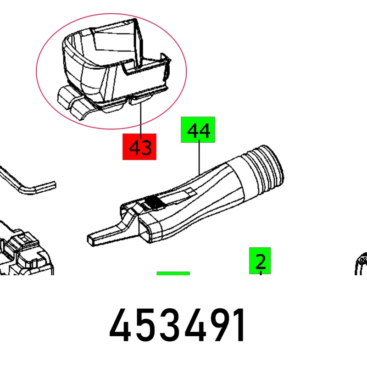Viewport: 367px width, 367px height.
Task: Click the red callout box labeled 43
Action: (x=139, y=147)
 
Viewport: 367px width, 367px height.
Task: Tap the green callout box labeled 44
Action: (x=198, y=130)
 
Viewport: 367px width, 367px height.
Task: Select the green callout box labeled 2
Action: (x=260, y=261)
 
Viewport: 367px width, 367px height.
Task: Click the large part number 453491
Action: (x=177, y=325)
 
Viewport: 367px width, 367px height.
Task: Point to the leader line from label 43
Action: (x=141, y=118)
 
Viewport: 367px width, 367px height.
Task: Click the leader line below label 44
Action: (x=199, y=158)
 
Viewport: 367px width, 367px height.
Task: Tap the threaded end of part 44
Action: (x=267, y=168)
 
